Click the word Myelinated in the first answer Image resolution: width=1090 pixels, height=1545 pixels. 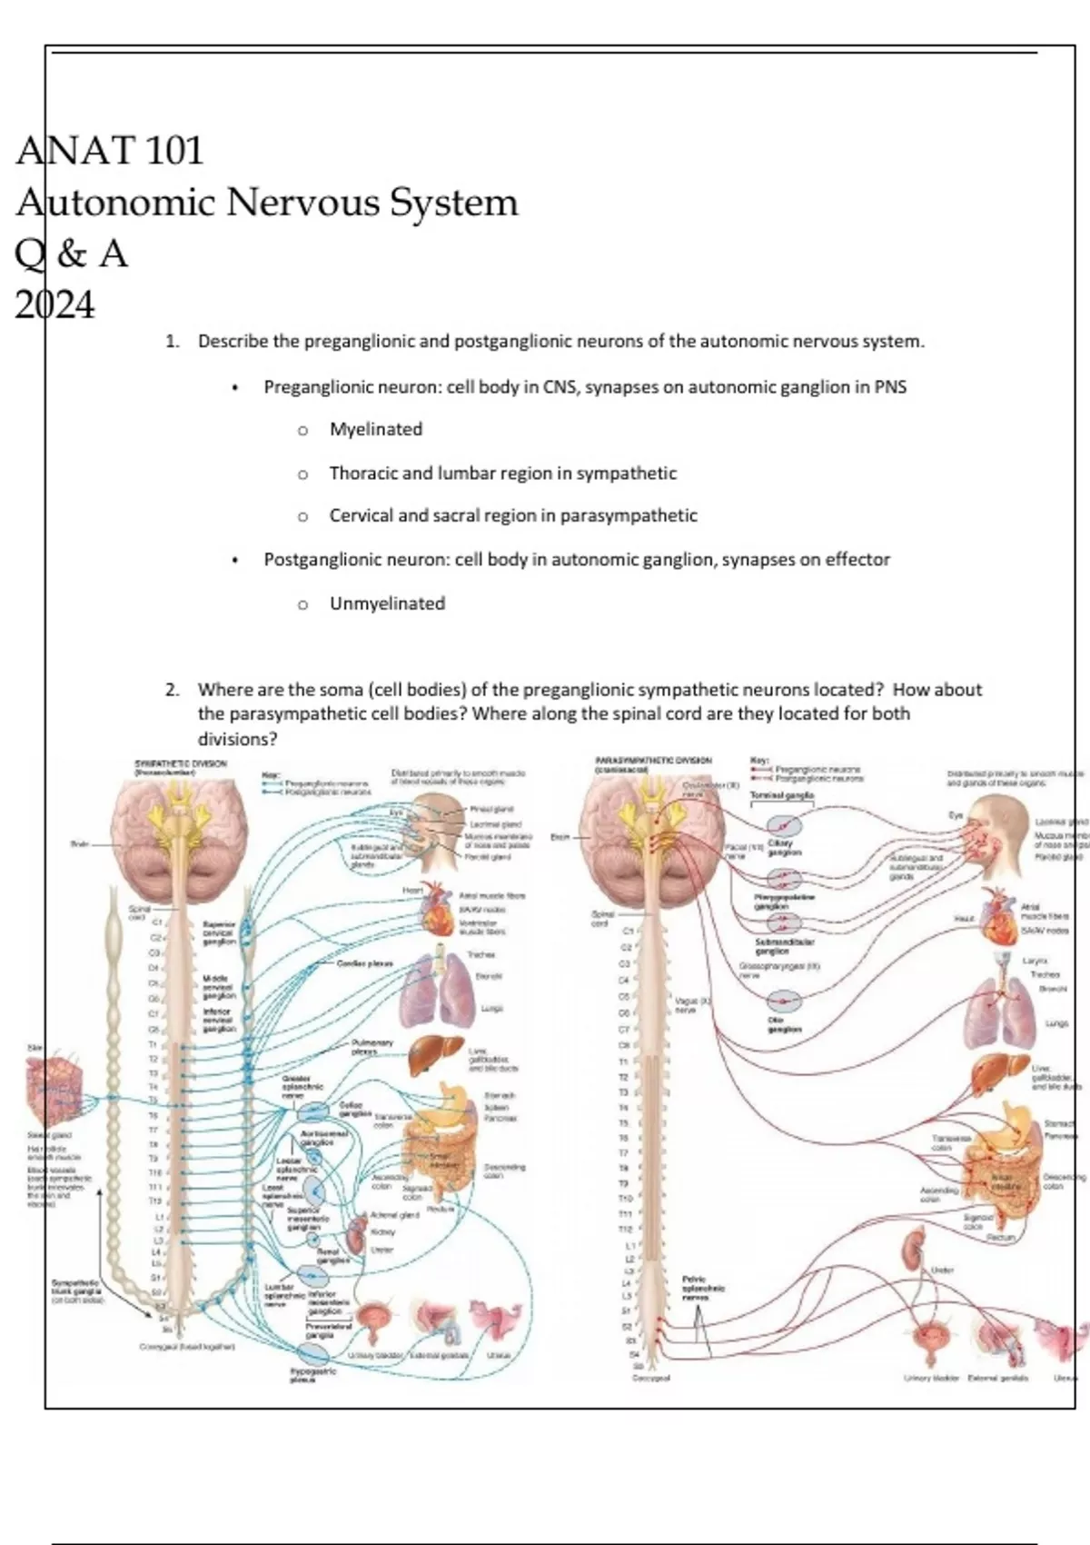(x=375, y=429)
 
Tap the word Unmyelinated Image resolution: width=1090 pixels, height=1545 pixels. (x=387, y=603)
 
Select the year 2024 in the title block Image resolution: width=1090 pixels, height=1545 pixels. (x=54, y=305)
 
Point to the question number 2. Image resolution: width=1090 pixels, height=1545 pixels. (x=172, y=690)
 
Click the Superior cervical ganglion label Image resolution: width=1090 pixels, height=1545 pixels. (x=219, y=932)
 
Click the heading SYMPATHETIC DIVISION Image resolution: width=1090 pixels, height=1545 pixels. (x=181, y=763)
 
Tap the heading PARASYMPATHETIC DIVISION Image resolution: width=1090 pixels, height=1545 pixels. (x=653, y=760)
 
